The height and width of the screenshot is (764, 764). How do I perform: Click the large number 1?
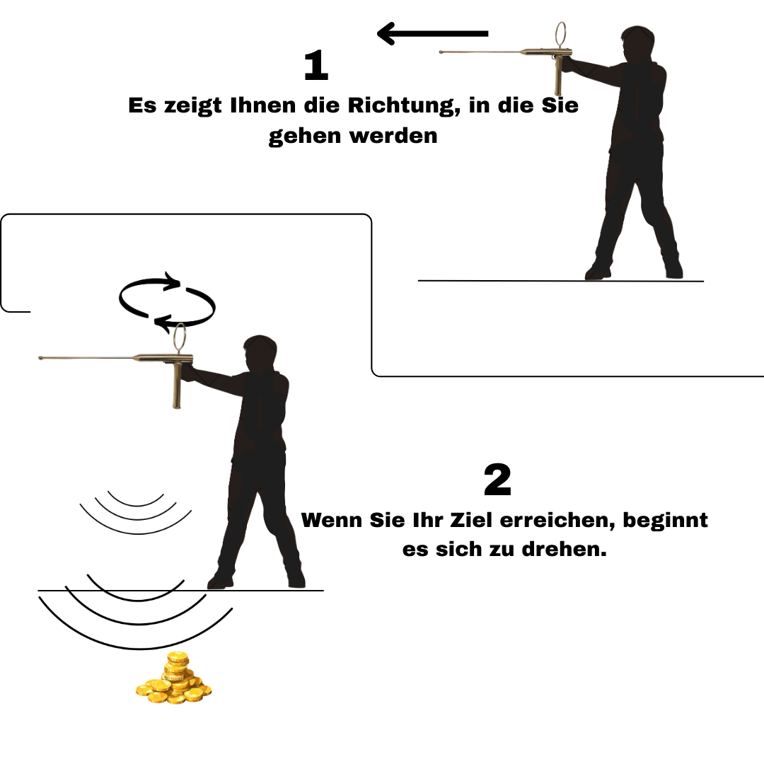tap(316, 65)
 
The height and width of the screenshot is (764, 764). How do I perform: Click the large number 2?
tap(497, 480)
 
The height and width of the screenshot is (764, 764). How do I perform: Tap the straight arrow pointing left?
tap(433, 34)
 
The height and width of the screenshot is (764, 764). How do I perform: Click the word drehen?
tap(565, 550)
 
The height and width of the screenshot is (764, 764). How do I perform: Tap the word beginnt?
tap(665, 521)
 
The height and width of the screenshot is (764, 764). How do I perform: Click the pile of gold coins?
tap(173, 679)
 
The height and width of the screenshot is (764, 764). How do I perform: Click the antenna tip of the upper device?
tap(441, 52)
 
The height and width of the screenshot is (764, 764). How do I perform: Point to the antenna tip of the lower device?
tap(40, 358)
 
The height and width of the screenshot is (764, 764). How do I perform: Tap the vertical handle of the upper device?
tap(558, 76)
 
